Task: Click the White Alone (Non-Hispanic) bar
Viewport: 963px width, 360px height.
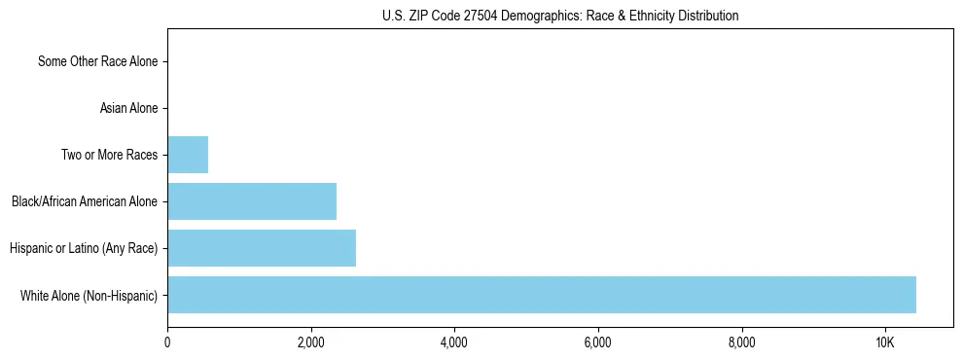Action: (x=542, y=295)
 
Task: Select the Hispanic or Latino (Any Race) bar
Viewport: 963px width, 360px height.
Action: (x=262, y=248)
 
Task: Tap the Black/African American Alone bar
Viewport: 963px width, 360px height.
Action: (x=252, y=201)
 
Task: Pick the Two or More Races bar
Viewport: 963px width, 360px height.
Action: (x=188, y=155)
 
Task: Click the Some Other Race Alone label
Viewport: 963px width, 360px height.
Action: (x=97, y=61)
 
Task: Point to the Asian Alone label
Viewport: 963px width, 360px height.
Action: (x=128, y=108)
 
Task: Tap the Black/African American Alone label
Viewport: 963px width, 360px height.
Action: (x=85, y=201)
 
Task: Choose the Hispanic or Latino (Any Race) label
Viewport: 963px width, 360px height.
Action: (x=84, y=248)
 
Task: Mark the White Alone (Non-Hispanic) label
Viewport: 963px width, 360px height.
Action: (x=89, y=295)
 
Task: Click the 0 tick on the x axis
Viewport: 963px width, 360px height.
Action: (x=167, y=342)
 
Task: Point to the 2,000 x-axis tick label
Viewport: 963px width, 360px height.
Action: (x=311, y=342)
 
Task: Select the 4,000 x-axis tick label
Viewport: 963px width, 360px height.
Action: (x=454, y=342)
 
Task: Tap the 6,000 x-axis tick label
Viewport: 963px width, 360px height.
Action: (x=598, y=342)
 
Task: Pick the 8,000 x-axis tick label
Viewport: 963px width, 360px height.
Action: (x=742, y=342)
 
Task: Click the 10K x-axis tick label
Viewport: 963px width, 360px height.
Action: (x=885, y=342)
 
